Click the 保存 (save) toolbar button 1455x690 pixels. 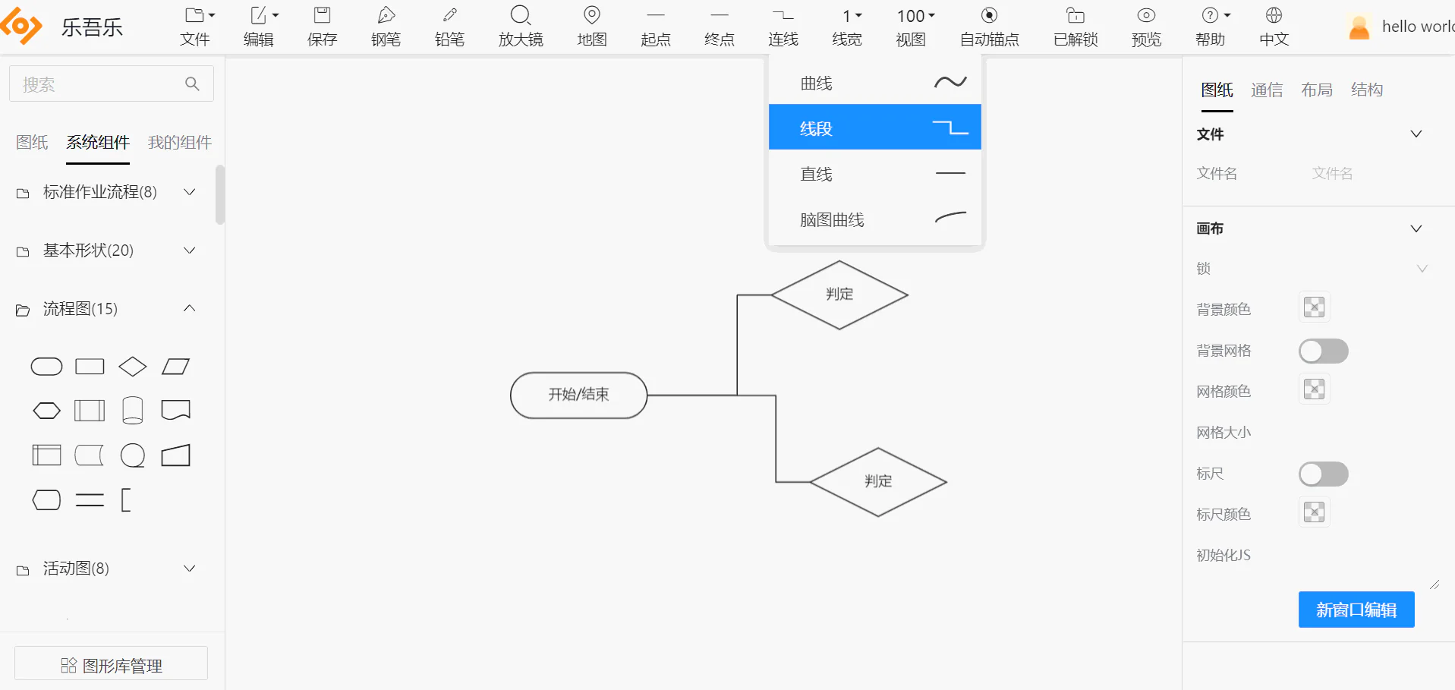pyautogui.click(x=322, y=27)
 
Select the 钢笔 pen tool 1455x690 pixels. pyautogui.click(x=386, y=27)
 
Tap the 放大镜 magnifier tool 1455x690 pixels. pyautogui.click(x=521, y=27)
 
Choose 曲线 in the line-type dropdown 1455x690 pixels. pyautogui.click(x=874, y=83)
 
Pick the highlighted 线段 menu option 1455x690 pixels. pyautogui.click(x=874, y=128)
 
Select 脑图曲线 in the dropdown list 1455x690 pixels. pyautogui.click(x=874, y=219)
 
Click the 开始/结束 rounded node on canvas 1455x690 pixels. pyautogui.click(x=578, y=395)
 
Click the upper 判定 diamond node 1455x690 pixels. pyautogui.click(x=839, y=295)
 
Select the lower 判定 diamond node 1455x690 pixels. pyautogui.click(x=878, y=482)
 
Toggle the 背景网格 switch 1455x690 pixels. pyautogui.click(x=1323, y=351)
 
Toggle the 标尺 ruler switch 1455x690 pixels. pyautogui.click(x=1323, y=474)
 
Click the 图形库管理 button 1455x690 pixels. pyautogui.click(x=111, y=665)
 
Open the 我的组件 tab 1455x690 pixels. pyautogui.click(x=180, y=142)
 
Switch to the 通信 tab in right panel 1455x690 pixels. pyautogui.click(x=1267, y=90)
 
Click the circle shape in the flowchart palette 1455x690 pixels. pyautogui.click(x=133, y=455)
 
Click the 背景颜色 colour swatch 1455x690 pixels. pyautogui.click(x=1314, y=307)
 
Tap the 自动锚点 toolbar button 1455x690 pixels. pyautogui.click(x=989, y=27)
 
